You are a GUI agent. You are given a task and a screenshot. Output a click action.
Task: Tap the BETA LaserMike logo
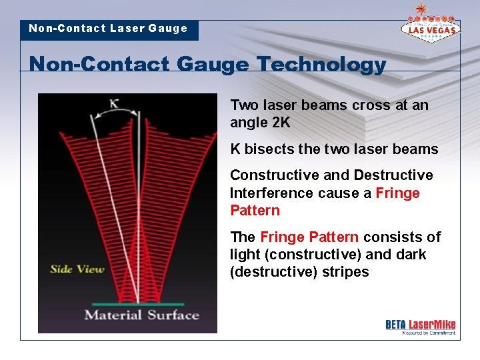(x=420, y=326)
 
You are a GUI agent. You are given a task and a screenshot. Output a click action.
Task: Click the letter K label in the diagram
(x=114, y=103)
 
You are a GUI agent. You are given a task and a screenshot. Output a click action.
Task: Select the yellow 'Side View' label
(x=77, y=269)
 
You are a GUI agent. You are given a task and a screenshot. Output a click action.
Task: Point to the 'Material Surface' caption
(x=141, y=315)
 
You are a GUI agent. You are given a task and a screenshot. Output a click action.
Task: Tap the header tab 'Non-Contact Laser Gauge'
(x=109, y=29)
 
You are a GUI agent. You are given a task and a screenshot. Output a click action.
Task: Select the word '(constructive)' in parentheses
(x=313, y=255)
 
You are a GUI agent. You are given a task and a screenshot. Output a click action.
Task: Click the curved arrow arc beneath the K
(x=115, y=114)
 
